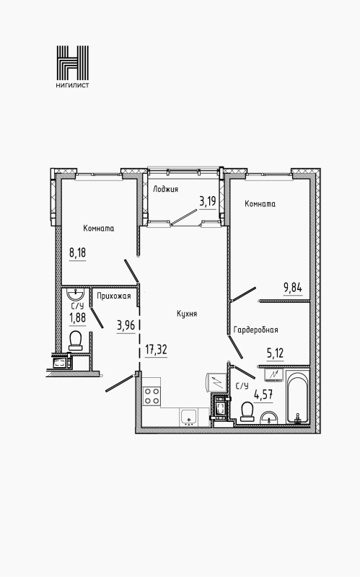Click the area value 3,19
tap(207, 201)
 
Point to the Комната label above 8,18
tap(98, 229)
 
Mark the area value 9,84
tap(293, 287)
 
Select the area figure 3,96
tap(126, 324)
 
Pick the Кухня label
tap(187, 314)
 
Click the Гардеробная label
tap(255, 330)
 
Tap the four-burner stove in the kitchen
tap(152, 395)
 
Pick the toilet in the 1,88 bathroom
tap(75, 339)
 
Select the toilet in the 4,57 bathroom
tap(247, 410)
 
